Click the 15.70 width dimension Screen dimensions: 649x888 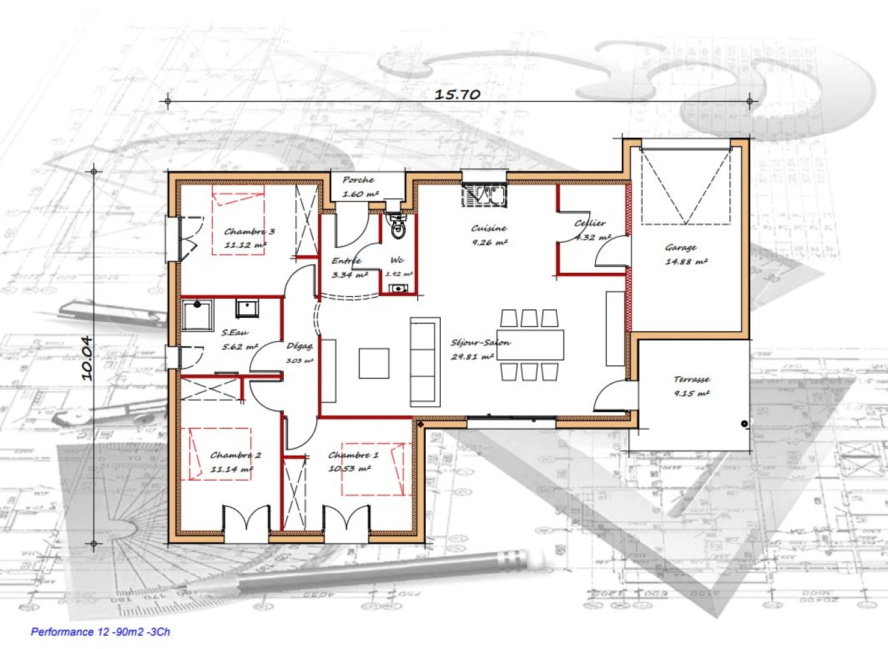click(457, 94)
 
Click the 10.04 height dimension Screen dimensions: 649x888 click(87, 358)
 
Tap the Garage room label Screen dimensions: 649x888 click(681, 247)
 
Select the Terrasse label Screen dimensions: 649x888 click(691, 379)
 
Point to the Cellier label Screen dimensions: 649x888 click(590, 223)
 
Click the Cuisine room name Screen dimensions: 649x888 click(489, 228)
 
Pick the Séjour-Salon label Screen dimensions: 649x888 click(480, 343)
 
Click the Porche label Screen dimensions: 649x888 click(358, 180)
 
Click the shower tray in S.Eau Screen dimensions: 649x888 click(197, 315)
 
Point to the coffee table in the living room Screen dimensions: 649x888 click(374, 363)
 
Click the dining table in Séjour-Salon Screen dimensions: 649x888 click(530, 345)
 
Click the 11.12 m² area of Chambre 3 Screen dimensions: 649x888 click(245, 245)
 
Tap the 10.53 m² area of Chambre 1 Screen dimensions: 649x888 click(349, 469)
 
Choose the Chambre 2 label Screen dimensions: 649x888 click(235, 455)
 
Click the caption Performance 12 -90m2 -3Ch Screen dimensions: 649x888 click(100, 632)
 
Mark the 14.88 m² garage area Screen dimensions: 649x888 click(686, 261)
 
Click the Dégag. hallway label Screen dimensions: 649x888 click(299, 346)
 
